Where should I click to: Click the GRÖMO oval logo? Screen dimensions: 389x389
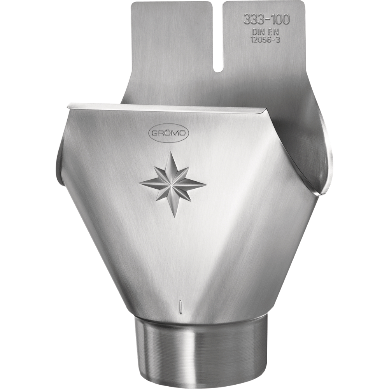(169, 133)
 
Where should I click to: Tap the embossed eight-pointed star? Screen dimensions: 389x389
(173, 184)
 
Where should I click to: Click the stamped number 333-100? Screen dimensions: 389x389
(266, 19)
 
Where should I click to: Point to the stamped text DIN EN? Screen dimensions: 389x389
(265, 32)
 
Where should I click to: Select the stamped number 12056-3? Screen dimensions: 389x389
(265, 40)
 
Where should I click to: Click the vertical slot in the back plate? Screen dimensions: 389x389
(217, 37)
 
